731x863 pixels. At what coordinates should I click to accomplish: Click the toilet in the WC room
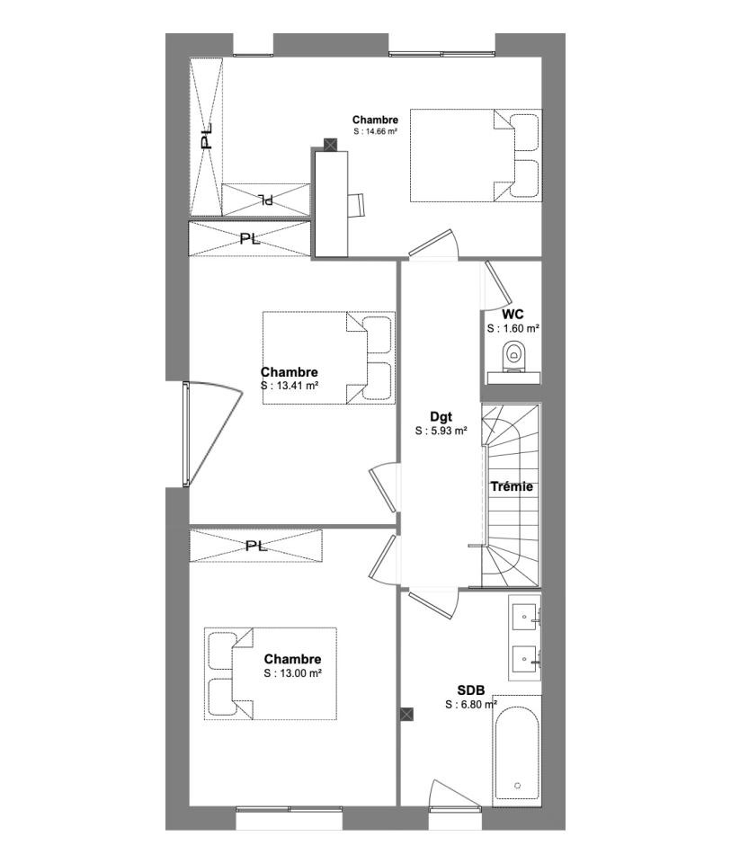point(514,357)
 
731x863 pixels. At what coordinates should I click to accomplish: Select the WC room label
point(513,315)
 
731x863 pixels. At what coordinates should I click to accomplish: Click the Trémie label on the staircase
point(512,486)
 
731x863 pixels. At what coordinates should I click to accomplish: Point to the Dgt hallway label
point(441,417)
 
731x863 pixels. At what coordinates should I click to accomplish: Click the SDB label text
point(470,690)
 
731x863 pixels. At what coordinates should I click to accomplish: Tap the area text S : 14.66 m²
point(376,131)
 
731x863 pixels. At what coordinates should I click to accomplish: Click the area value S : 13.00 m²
point(293,673)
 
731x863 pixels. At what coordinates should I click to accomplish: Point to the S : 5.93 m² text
point(441,431)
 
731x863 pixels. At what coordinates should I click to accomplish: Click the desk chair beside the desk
point(356,205)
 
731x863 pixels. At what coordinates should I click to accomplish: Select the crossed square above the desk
point(330,145)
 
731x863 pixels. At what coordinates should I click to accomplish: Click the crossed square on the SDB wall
point(406,714)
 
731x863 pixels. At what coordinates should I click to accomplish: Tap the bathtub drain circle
point(517,786)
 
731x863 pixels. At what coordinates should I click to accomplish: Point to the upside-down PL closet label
point(266,200)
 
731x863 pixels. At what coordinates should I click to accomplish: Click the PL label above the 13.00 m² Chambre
point(256,546)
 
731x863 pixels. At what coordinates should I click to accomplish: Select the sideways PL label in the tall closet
point(207,137)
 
